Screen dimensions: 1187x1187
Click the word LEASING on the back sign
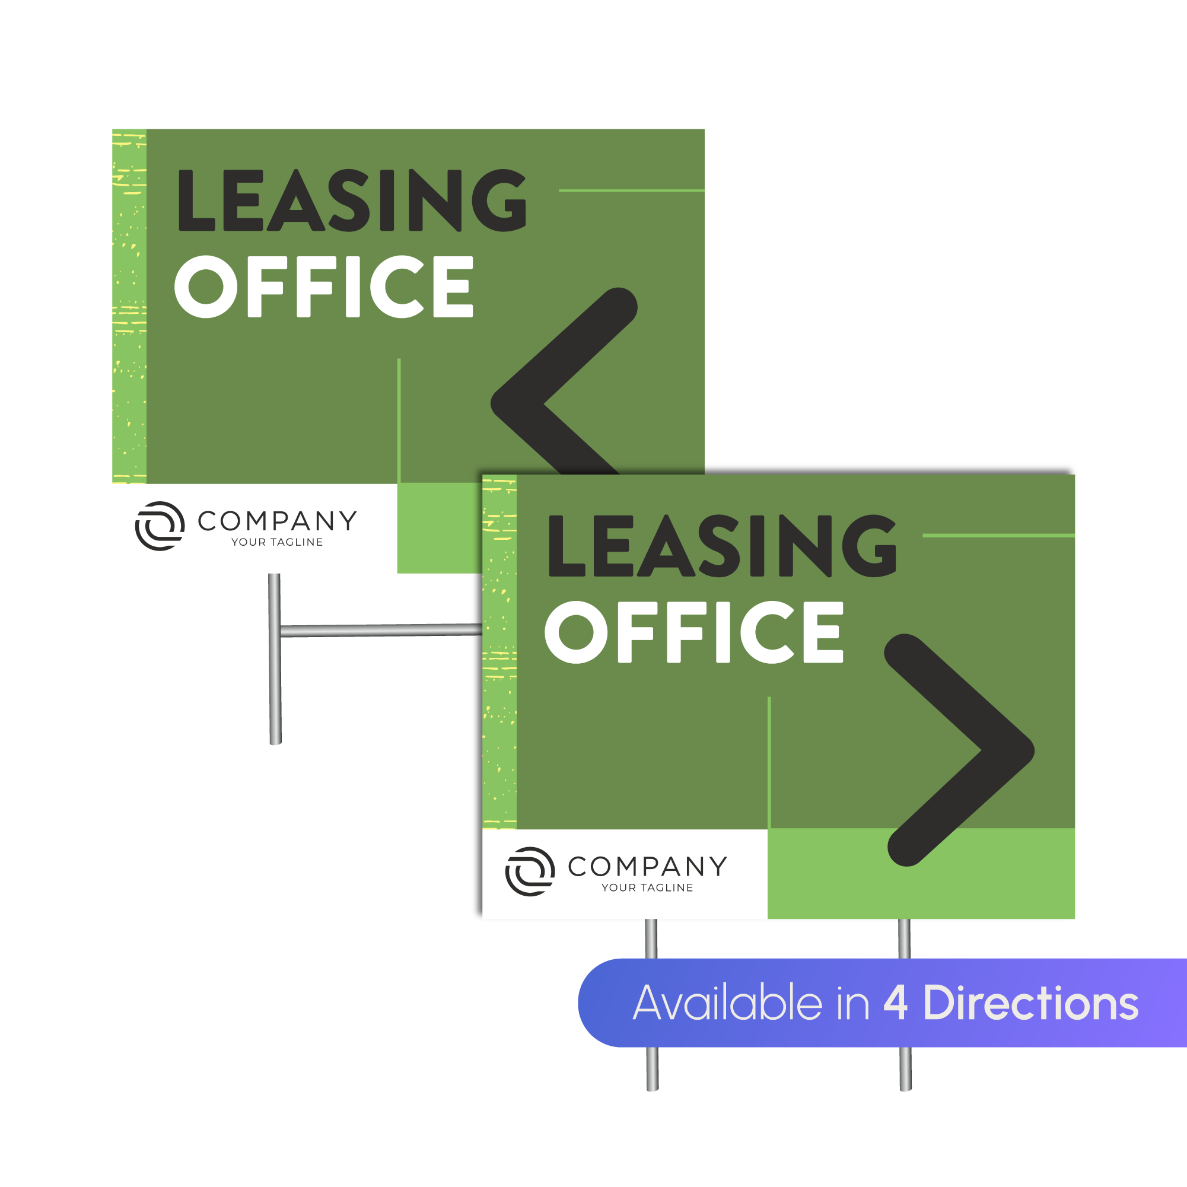(x=351, y=201)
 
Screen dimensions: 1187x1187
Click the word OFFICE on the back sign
(x=324, y=287)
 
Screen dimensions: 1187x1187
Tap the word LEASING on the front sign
(x=722, y=546)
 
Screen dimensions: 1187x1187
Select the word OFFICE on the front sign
(x=694, y=632)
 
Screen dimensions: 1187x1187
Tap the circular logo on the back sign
(x=160, y=526)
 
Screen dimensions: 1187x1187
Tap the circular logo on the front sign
(x=530, y=871)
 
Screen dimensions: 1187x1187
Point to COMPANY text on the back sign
(x=277, y=521)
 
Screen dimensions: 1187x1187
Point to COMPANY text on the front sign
(x=647, y=866)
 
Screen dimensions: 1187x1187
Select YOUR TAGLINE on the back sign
(x=277, y=542)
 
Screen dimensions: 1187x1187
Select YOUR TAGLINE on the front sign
(x=647, y=887)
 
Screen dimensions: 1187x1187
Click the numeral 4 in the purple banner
(x=895, y=1003)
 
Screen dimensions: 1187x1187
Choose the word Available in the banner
(x=727, y=1003)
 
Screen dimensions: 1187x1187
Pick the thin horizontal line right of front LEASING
(x=998, y=535)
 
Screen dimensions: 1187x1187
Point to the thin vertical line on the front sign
(x=769, y=762)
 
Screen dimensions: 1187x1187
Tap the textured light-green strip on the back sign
(x=129, y=307)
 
